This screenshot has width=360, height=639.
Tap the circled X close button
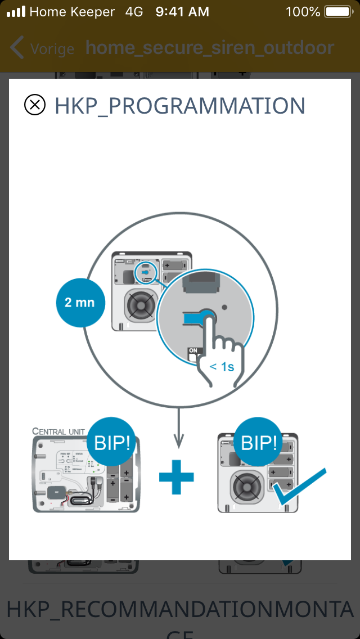click(x=35, y=105)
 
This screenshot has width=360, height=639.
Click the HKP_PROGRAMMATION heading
click(x=179, y=106)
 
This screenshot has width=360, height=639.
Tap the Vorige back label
click(x=52, y=48)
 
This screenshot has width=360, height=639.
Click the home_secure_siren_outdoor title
click(x=210, y=48)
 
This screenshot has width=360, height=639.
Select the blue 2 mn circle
click(x=79, y=303)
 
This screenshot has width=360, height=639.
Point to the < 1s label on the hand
click(x=222, y=367)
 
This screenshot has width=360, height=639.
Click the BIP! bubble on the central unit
click(x=111, y=443)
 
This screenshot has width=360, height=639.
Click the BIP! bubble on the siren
click(x=259, y=443)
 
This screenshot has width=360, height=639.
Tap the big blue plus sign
click(x=176, y=477)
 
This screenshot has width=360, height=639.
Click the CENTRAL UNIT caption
click(x=58, y=431)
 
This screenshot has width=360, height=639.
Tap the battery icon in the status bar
click(x=337, y=11)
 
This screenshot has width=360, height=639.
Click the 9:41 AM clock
click(x=182, y=11)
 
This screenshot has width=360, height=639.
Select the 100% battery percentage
click(x=303, y=11)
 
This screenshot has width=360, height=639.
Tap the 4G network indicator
click(x=134, y=11)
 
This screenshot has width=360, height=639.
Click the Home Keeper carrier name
click(x=72, y=11)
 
